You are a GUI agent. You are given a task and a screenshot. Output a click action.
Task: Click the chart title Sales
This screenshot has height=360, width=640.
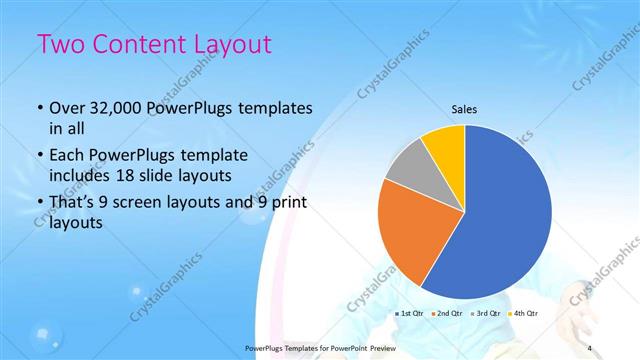point(464,108)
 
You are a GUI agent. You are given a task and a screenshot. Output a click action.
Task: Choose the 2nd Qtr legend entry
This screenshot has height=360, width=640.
point(447,313)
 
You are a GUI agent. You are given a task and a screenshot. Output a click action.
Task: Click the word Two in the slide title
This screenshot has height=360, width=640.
point(61,46)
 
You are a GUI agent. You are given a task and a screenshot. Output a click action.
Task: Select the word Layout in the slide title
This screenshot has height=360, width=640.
point(233,46)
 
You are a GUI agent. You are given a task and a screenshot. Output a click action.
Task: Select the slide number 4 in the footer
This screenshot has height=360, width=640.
point(590,347)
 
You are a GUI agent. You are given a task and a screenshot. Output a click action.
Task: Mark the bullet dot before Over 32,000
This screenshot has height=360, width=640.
point(38,109)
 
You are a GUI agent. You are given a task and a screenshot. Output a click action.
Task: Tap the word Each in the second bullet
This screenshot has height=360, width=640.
point(68,155)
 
